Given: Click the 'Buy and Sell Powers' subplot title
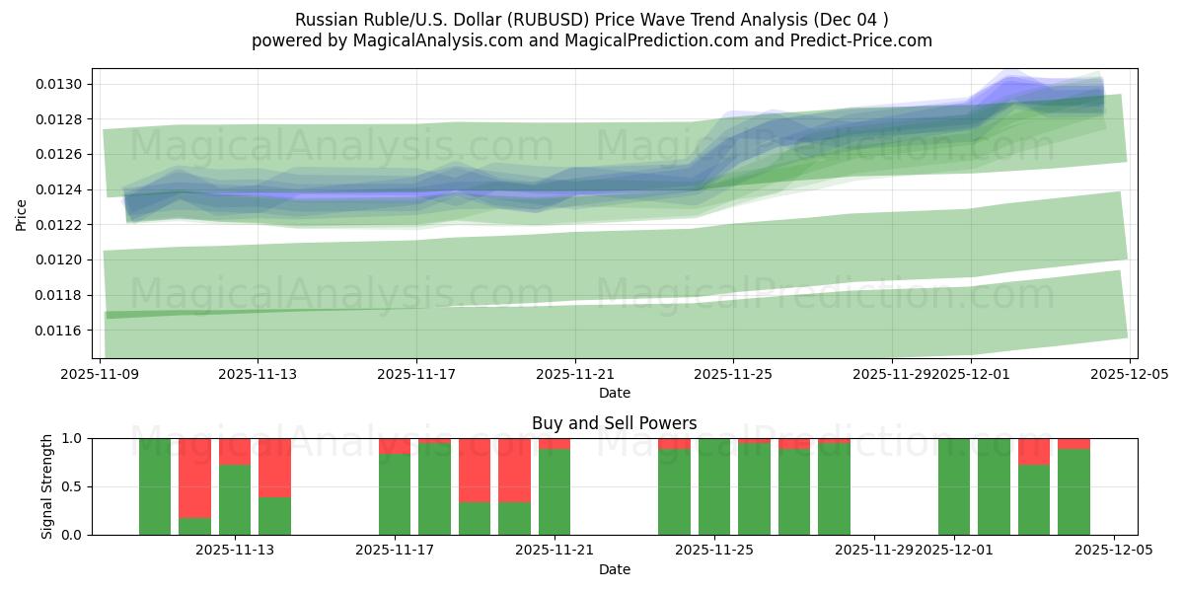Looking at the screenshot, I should [x=614, y=423].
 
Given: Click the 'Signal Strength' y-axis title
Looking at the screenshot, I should [x=47, y=485].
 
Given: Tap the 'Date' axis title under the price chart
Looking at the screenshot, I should [x=614, y=393].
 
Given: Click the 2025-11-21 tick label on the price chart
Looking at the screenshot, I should [x=575, y=375].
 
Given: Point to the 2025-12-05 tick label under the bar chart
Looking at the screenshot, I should [x=1114, y=551].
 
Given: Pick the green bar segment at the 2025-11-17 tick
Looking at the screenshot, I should [x=395, y=494].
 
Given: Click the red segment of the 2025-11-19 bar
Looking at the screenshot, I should [x=475, y=470].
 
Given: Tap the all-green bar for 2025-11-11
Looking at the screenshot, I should [x=155, y=486].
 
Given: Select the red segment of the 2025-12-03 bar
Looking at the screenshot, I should [x=1034, y=451].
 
